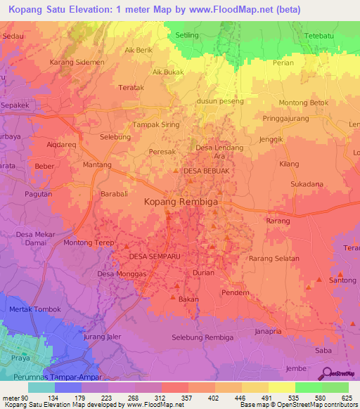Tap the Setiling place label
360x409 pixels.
186,35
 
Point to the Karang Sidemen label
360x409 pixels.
77,63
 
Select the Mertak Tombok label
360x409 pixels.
34,309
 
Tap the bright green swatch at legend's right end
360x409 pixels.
335,387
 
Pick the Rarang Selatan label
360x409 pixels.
273,259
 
